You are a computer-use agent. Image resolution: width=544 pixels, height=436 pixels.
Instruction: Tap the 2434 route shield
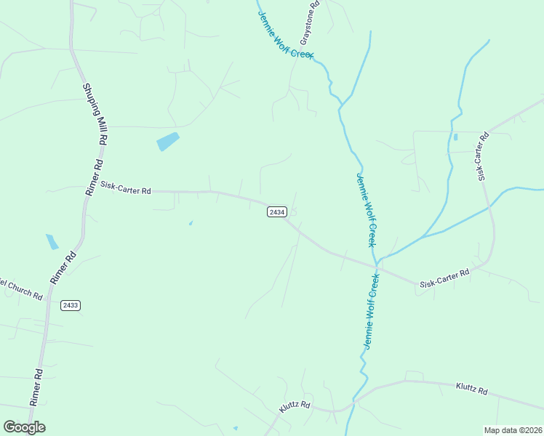tap(276, 211)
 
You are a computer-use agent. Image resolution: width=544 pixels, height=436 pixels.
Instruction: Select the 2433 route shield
tap(71, 304)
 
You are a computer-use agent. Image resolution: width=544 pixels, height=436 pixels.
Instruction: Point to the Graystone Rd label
tap(310, 23)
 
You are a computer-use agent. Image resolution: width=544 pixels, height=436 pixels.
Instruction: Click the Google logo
tap(24, 427)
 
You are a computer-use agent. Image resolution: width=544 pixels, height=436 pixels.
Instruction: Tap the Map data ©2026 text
tap(513, 429)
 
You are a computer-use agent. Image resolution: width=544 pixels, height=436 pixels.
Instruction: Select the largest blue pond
tap(168, 141)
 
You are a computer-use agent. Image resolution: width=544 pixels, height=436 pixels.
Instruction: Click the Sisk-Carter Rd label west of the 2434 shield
tap(126, 189)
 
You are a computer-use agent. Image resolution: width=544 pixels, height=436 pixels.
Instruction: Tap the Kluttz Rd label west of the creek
tap(295, 408)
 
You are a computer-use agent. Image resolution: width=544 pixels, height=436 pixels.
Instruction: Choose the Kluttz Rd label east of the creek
tap(472, 389)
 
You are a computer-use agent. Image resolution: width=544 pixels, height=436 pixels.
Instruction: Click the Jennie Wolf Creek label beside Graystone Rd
tap(284, 31)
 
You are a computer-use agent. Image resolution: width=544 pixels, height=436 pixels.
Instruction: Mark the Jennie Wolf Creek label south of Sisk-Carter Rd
tap(372, 308)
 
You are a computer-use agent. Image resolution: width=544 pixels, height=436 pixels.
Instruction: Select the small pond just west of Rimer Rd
tap(52, 241)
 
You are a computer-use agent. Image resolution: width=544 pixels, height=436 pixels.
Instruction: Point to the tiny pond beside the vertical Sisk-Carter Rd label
tap(455, 137)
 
